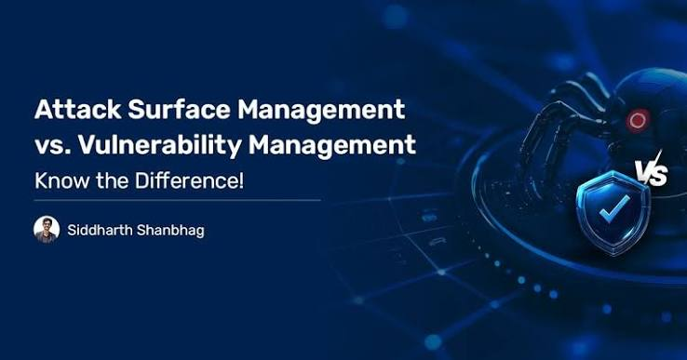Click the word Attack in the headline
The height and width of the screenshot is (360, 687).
[78, 109]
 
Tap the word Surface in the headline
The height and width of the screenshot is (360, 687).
[180, 109]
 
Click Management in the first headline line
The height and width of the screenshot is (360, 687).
[321, 111]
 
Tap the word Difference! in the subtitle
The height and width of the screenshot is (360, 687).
[189, 180]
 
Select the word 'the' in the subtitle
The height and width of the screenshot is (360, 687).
[113, 180]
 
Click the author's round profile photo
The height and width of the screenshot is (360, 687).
[47, 230]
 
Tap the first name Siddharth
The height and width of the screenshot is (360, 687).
[99, 230]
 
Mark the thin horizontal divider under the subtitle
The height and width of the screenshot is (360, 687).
[178, 201]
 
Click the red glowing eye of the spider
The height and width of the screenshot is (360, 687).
[638, 120]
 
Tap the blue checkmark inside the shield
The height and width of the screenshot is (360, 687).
[614, 207]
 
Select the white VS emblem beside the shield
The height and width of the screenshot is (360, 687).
[652, 170]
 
